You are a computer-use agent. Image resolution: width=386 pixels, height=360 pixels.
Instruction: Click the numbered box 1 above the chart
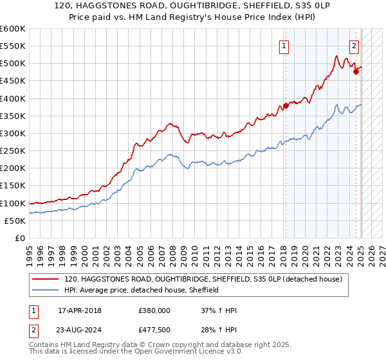pyautogui.click(x=284, y=45)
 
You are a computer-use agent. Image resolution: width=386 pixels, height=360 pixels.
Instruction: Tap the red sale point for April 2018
pyautogui.click(x=286, y=106)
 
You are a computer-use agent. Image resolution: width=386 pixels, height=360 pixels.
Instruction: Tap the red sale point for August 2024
pyautogui.click(x=356, y=72)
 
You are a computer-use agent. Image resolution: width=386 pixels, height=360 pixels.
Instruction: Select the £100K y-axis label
pyautogui.click(x=14, y=203)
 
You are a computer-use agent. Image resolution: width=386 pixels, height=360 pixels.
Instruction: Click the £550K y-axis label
pyautogui.click(x=14, y=46)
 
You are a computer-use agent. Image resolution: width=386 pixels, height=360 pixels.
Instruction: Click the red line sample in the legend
pyautogui.click(x=46, y=279)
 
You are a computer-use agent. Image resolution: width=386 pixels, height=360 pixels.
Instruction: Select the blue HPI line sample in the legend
pyautogui.click(x=46, y=291)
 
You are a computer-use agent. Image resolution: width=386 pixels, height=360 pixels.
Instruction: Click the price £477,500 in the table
pyautogui.click(x=154, y=330)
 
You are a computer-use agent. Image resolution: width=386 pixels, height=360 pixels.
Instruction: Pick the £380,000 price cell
pyautogui.click(x=154, y=310)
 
